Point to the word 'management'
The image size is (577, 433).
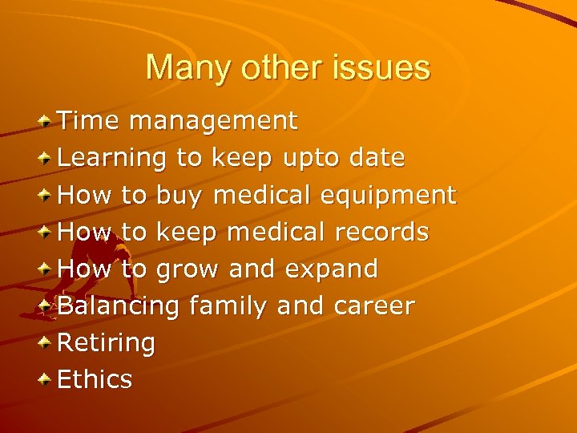[213, 121]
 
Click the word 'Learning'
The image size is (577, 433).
[113, 159]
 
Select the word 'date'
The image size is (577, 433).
[377, 158]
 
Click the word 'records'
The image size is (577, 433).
[381, 232]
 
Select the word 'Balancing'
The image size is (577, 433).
[119, 306]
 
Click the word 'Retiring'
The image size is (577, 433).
[107, 343]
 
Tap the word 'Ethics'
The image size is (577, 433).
[95, 379]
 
